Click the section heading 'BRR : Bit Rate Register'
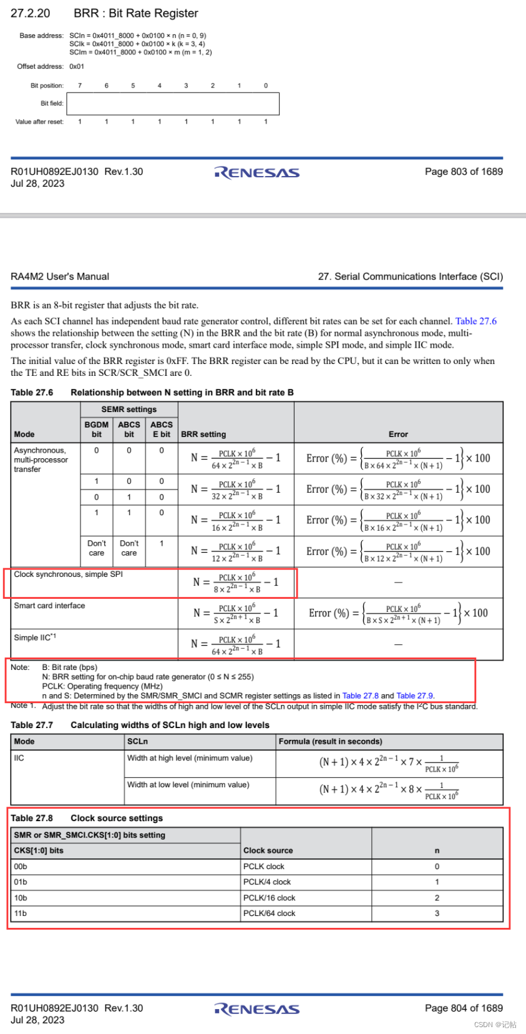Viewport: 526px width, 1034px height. (x=135, y=13)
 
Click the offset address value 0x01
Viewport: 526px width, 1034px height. (x=77, y=66)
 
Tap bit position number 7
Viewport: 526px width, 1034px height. (x=80, y=86)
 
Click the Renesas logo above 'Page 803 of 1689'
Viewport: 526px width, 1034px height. (x=256, y=172)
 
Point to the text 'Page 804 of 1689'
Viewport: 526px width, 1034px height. (x=464, y=1008)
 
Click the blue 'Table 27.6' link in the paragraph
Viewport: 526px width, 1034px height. (x=475, y=321)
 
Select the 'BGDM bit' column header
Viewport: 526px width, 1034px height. (x=97, y=429)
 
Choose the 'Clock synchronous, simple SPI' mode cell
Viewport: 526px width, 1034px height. (x=68, y=574)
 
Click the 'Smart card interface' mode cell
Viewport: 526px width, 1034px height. (x=49, y=606)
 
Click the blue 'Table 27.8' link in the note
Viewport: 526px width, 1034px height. (x=360, y=696)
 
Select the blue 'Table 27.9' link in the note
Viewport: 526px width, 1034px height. (x=414, y=696)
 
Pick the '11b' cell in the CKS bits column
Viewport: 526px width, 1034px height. (x=21, y=913)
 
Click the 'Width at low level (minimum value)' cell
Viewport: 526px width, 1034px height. (x=188, y=785)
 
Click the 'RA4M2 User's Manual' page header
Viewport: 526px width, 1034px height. (x=60, y=277)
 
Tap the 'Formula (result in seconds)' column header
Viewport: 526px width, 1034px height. (x=330, y=741)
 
